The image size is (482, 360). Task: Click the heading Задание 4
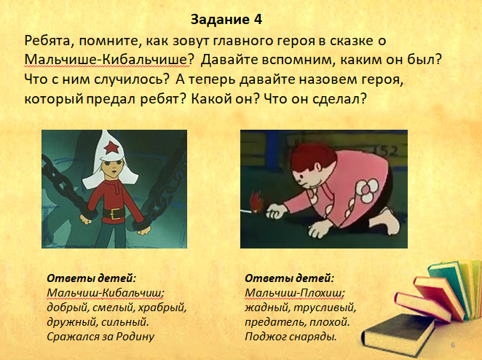click(x=226, y=20)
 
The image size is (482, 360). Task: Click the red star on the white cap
click(x=111, y=148)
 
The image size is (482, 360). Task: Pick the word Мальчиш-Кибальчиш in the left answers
click(x=105, y=293)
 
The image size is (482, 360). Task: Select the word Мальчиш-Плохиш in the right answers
click(x=294, y=293)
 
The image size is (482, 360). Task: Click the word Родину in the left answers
click(x=135, y=337)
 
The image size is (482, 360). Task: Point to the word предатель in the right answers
click(x=275, y=322)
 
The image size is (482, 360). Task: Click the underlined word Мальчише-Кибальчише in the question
click(x=106, y=60)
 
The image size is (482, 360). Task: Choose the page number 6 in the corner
click(x=453, y=345)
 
